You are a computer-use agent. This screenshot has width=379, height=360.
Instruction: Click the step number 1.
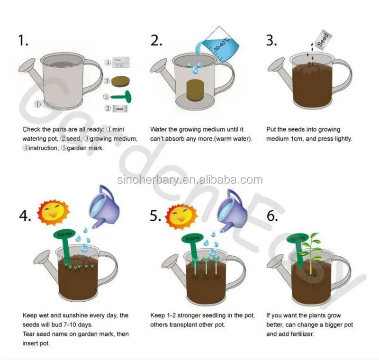coord(23,40)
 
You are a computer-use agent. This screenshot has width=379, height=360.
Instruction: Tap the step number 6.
coord(272,216)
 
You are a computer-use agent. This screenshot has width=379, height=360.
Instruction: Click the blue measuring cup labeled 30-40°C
coord(217,44)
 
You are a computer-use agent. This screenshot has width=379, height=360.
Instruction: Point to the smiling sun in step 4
coord(54,212)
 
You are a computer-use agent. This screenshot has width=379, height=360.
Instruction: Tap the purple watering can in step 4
coord(104,207)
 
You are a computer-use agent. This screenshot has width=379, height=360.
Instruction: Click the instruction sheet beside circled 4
coord(121,63)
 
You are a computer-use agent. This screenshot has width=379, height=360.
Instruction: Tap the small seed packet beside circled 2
coord(120,109)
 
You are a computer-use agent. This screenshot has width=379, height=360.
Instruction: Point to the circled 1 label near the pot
coord(37,105)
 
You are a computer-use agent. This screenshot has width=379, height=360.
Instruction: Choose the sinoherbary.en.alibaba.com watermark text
coord(190,180)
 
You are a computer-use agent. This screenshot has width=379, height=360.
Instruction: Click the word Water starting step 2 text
coord(158,129)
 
